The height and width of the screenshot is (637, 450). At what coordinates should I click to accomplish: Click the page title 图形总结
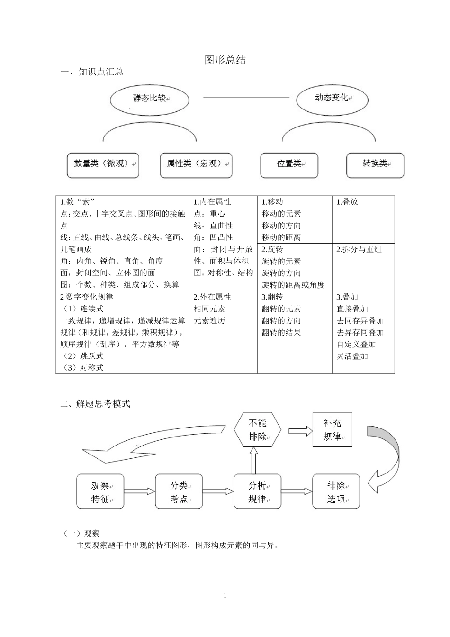[x=225, y=60]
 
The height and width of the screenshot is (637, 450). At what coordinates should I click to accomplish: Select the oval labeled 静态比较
[x=149, y=99]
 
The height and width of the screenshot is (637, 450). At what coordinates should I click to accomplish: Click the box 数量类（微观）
[x=103, y=165]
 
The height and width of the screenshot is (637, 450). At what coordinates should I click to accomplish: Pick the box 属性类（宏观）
[x=196, y=165]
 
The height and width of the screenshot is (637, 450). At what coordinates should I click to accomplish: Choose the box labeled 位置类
[x=289, y=165]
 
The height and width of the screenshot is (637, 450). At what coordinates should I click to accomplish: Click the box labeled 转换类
[x=375, y=165]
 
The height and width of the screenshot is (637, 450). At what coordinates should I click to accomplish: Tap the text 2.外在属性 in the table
[x=212, y=297]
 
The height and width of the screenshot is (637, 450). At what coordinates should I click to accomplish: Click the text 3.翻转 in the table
[x=272, y=297]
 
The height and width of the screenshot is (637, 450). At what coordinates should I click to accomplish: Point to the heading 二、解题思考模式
[x=95, y=404]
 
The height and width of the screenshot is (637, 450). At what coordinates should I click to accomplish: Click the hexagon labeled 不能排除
[x=257, y=430]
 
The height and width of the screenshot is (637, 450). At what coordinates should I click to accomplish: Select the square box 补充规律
[x=332, y=429]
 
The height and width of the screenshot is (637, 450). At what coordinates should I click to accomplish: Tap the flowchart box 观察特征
[x=100, y=491]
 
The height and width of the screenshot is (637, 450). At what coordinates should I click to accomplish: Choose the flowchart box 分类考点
[x=179, y=491]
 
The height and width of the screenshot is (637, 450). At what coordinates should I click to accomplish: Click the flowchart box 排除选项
[x=336, y=491]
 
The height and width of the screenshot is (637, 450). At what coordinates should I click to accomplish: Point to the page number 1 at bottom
[x=225, y=596]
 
